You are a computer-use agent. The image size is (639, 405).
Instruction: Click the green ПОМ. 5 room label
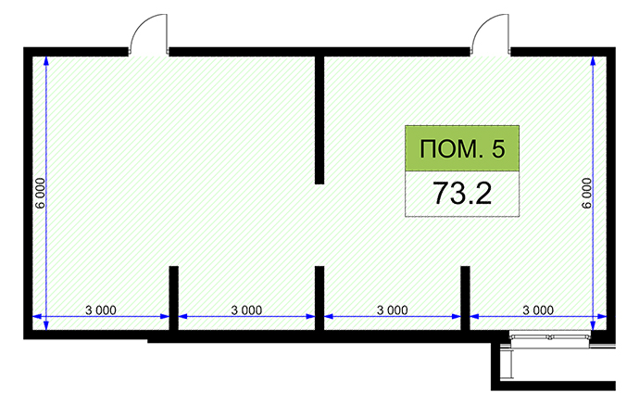(462, 148)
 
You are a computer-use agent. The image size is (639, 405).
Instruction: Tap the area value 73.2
(462, 194)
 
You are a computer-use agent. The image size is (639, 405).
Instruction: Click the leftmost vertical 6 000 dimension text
(40, 193)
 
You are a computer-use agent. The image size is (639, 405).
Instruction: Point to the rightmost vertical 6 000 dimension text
(586, 193)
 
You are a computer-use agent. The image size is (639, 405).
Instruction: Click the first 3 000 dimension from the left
(101, 310)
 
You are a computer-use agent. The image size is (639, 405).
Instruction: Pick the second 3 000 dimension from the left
(246, 310)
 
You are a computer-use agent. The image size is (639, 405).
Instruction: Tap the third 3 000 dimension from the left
(392, 310)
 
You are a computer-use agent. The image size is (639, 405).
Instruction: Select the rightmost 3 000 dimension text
(538, 310)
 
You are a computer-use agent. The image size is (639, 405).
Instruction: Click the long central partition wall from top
(319, 120)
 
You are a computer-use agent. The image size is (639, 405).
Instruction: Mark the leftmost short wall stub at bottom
(173, 298)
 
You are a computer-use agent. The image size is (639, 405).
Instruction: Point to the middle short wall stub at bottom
(319, 298)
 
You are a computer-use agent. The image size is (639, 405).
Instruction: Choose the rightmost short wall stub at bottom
(465, 298)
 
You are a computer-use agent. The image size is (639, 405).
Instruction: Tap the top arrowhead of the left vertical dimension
(46, 60)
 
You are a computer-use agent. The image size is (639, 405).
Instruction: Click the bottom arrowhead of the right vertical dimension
(593, 325)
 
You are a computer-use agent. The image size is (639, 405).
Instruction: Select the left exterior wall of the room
(28, 193)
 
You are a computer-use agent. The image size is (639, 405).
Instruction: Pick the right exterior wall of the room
(611, 193)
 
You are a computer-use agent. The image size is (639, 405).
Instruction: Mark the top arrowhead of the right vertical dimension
(593, 60)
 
